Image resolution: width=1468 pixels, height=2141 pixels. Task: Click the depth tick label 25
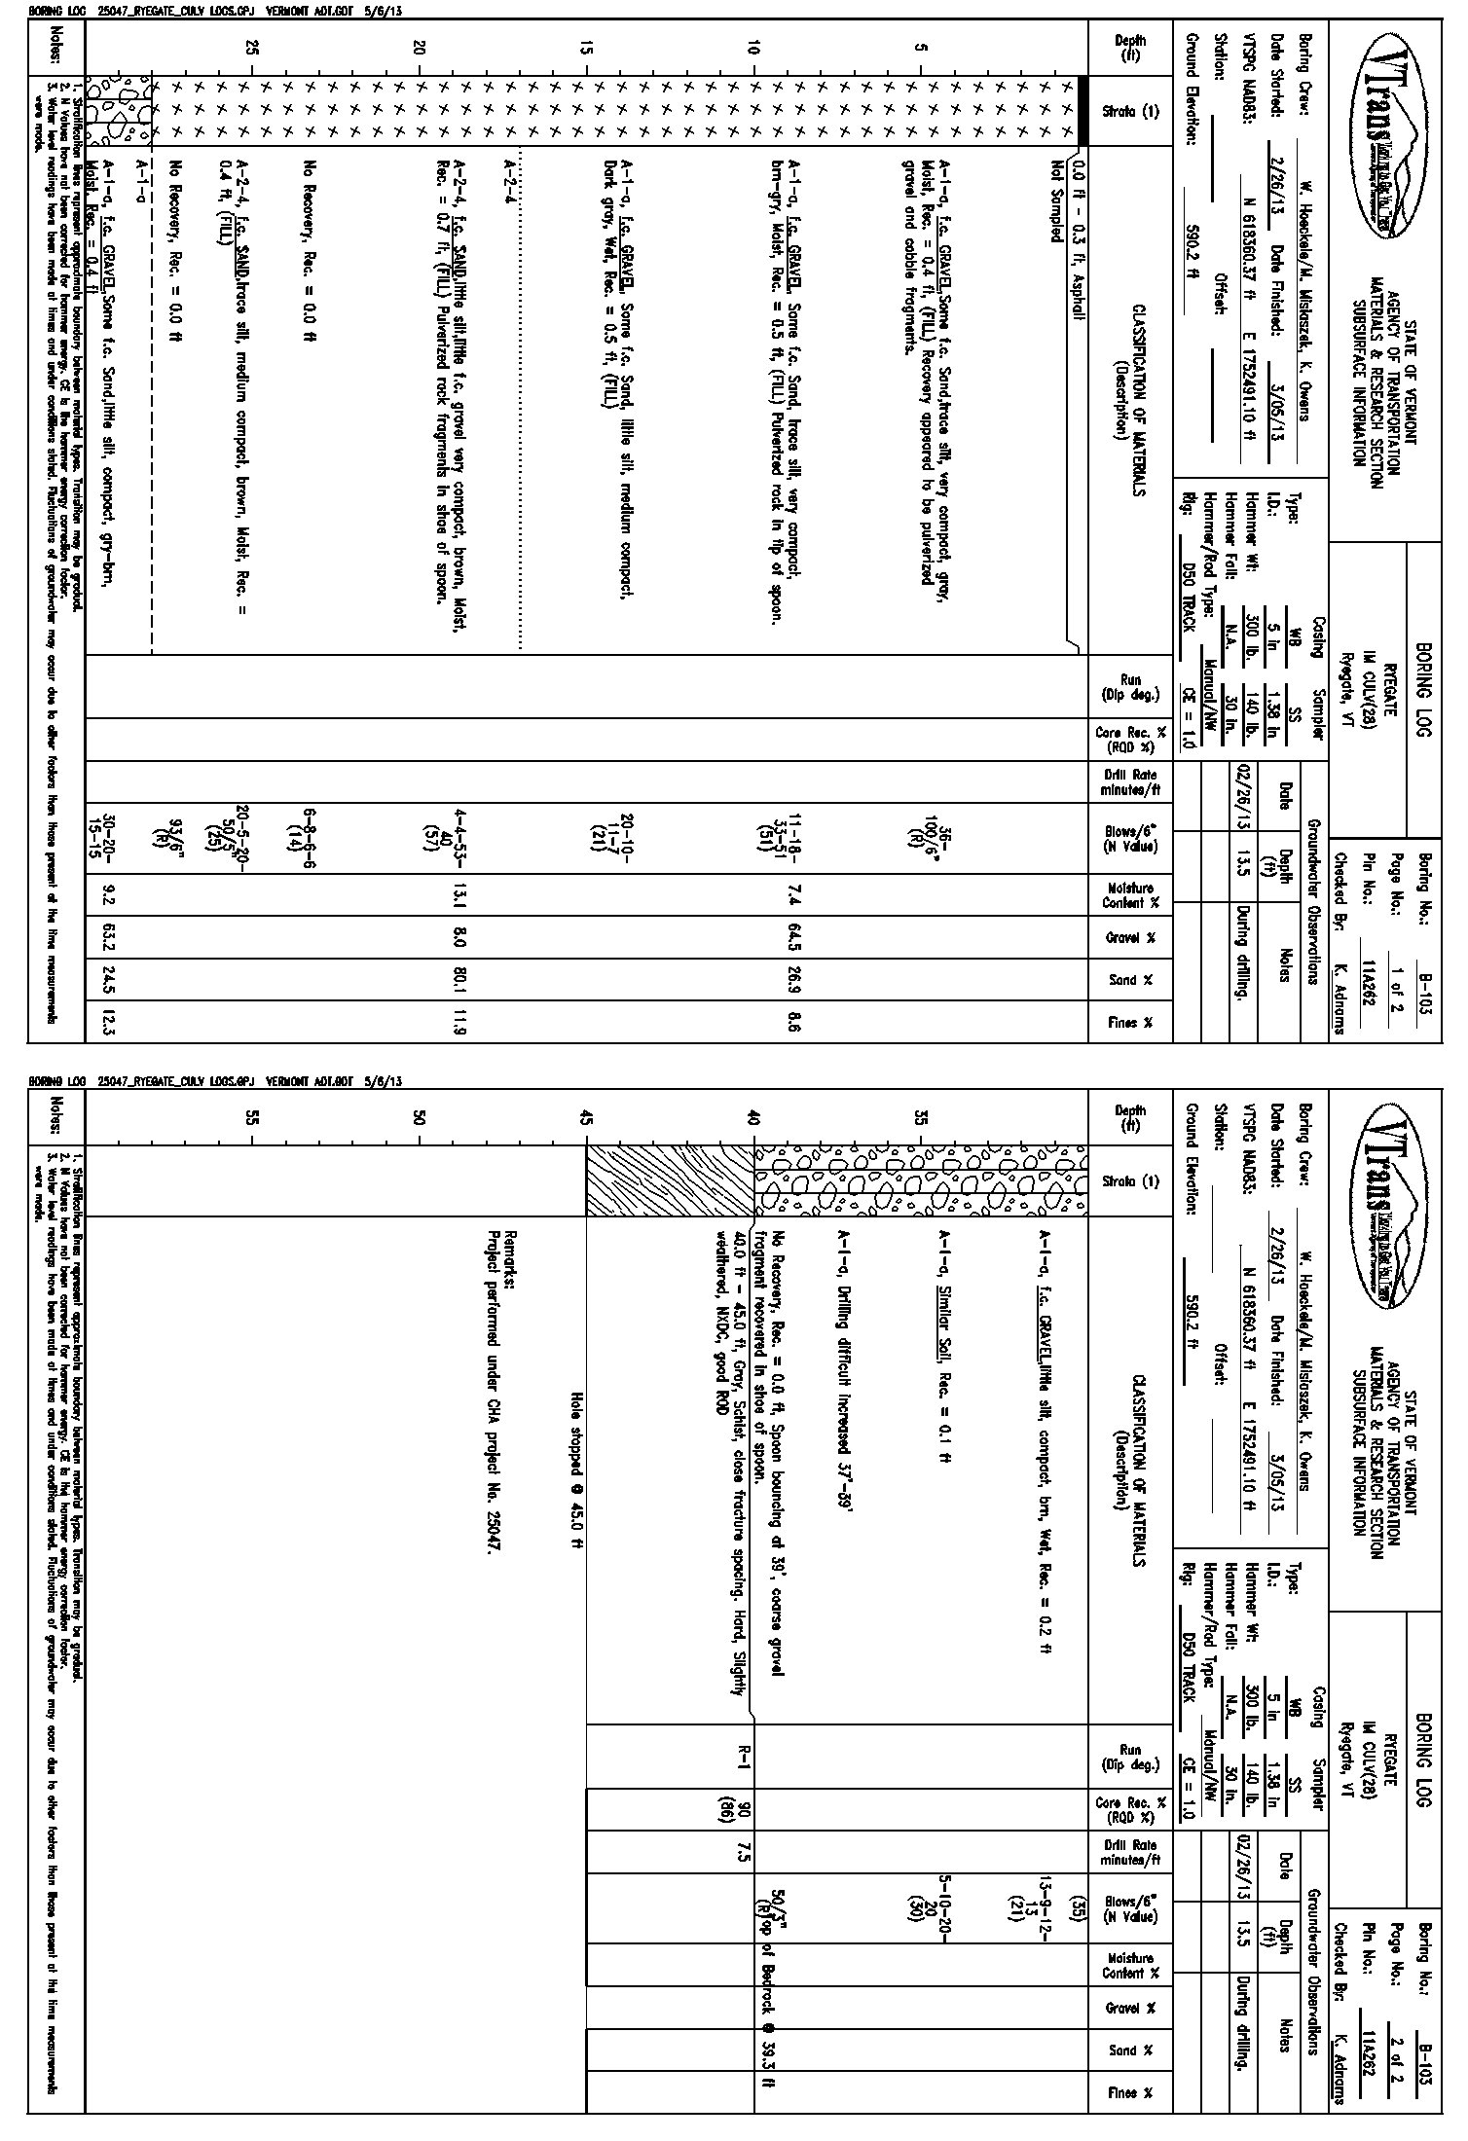(x=251, y=46)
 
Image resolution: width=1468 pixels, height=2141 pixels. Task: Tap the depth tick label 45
(x=585, y=1118)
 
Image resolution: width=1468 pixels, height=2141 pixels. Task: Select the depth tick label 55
(x=251, y=1118)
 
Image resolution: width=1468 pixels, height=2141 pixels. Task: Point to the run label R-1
(x=743, y=1755)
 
